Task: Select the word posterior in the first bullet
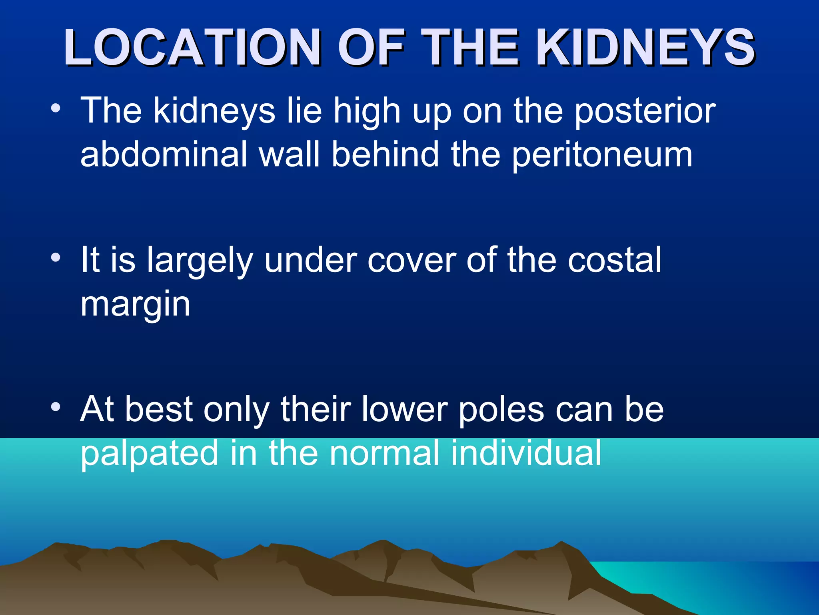(645, 111)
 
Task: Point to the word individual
(526, 453)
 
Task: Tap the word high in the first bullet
(367, 111)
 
